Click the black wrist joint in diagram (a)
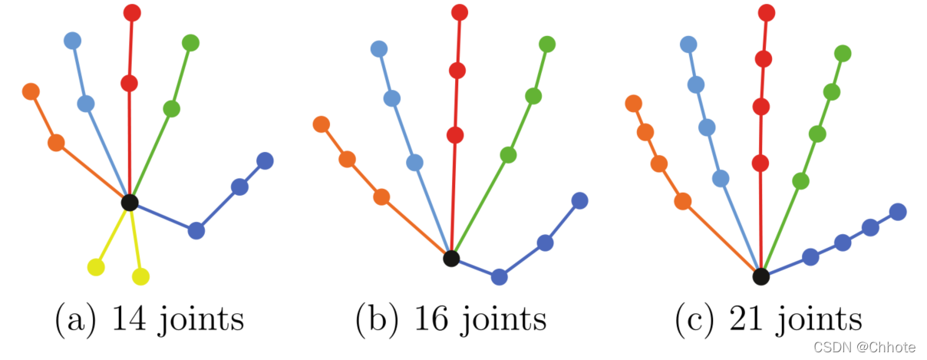(130, 203)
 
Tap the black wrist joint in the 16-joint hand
(451, 259)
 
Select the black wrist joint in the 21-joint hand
(760, 276)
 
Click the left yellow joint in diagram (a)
(96, 267)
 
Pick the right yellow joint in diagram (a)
(140, 276)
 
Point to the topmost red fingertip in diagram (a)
(132, 12)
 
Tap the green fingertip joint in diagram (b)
(547, 45)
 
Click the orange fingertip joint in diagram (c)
(634, 103)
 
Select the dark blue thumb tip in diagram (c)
(897, 211)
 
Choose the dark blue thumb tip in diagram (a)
(265, 160)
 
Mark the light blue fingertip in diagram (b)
(379, 49)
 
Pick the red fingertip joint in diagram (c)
(766, 12)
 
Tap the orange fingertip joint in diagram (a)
(31, 91)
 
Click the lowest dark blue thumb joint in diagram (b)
(500, 277)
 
